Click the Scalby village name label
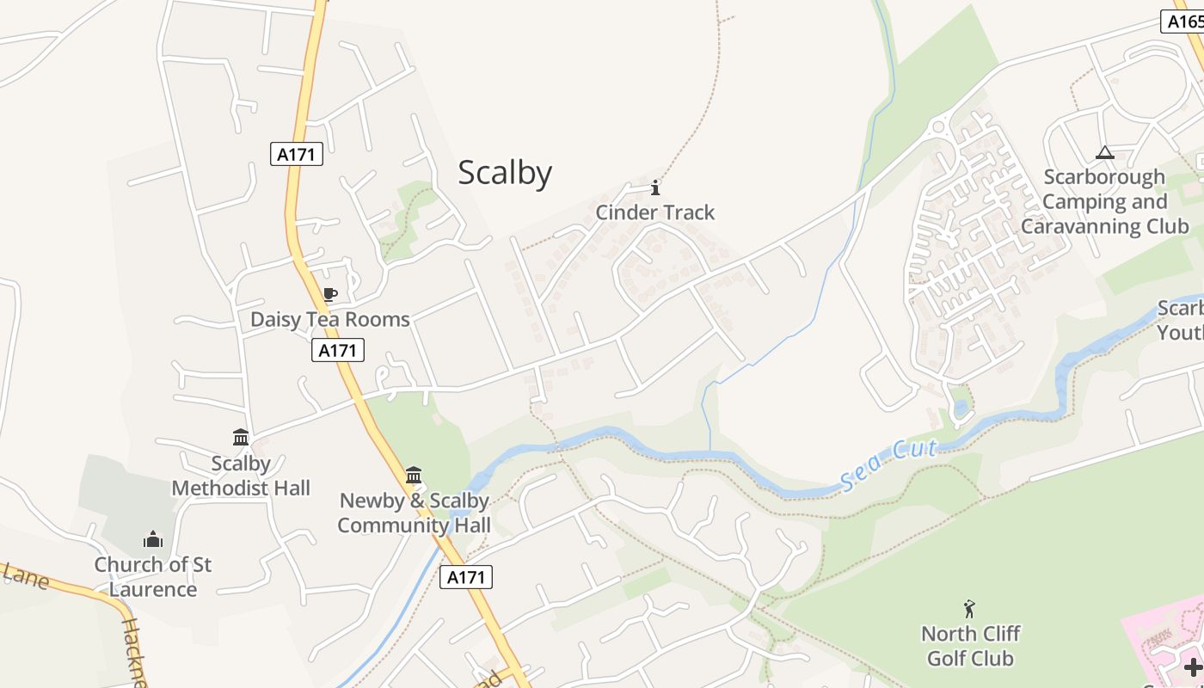[x=505, y=173]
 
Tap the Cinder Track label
[x=655, y=212]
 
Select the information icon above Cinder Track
[x=655, y=187]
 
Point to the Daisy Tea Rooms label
[x=329, y=319]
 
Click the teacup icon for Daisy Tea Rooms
[x=329, y=295]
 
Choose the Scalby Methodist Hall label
[x=241, y=476]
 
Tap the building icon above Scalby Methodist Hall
[x=241, y=438]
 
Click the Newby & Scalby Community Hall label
[x=414, y=513]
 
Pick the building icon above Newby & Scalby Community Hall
[x=414, y=475]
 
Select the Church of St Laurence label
[x=153, y=577]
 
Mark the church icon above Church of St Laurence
[x=153, y=539]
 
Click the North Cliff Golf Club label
[x=970, y=646]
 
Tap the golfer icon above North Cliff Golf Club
[x=970, y=609]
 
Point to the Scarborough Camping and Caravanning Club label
[x=1105, y=201]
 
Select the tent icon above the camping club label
[x=1105, y=153]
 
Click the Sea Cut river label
[x=888, y=465]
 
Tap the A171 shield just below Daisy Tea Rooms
[x=338, y=350]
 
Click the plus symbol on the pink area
[x=1193, y=666]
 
